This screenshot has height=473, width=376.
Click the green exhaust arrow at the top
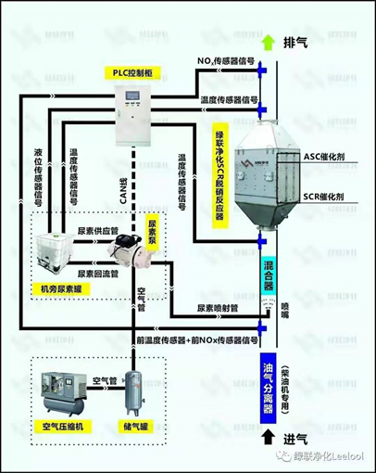pyautogui.click(x=269, y=42)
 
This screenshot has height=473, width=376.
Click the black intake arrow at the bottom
pyautogui.click(x=269, y=436)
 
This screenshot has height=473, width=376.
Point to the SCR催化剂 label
pyautogui.click(x=325, y=198)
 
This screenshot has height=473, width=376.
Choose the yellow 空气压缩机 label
pyautogui.click(x=62, y=426)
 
